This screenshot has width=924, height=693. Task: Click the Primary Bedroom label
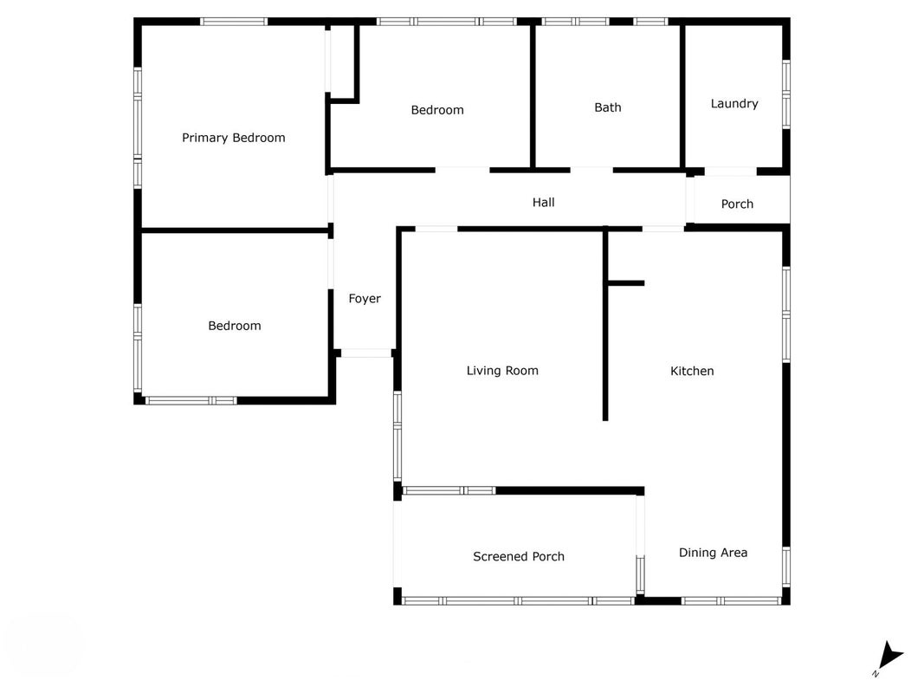tap(233, 138)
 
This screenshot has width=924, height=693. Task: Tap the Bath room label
tap(608, 107)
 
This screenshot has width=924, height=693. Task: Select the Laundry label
tap(734, 104)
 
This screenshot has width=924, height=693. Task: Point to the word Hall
tap(543, 202)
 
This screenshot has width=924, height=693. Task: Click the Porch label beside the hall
tap(737, 204)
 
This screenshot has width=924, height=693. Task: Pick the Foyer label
tap(365, 299)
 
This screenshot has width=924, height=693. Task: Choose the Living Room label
tap(502, 371)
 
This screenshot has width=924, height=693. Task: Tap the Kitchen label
tap(692, 372)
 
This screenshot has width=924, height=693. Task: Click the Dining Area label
tap(713, 553)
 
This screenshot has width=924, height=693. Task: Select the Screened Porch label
tap(519, 557)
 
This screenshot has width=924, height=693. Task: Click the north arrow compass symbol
tap(890, 657)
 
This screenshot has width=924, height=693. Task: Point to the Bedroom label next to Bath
tap(437, 110)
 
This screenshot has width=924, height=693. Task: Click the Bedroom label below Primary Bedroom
tap(235, 326)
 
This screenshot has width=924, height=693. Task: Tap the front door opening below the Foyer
tap(366, 353)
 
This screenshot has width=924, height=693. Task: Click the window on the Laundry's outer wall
tap(786, 94)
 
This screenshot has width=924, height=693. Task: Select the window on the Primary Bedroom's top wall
tap(233, 22)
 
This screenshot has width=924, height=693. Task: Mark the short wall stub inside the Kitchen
tap(626, 283)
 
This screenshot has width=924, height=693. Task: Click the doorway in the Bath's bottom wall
tap(591, 171)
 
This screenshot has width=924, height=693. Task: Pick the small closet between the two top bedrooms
tap(342, 62)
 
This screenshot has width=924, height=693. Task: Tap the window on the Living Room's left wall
tap(397, 436)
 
